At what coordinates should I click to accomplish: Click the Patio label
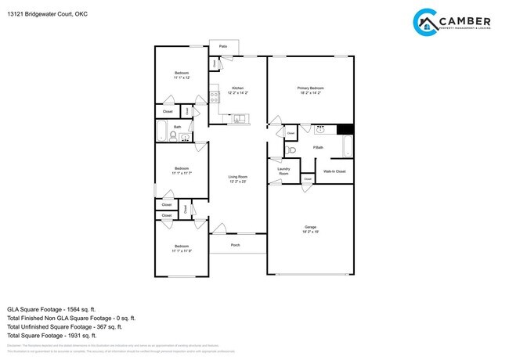pyautogui.click(x=223, y=47)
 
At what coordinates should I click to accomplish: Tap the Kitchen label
pyautogui.click(x=237, y=88)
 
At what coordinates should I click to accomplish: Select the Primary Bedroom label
pyautogui.click(x=310, y=88)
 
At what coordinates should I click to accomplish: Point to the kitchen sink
pyautogui.click(x=240, y=119)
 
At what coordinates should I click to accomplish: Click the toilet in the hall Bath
pyautogui.click(x=173, y=136)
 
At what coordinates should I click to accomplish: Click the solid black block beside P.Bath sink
pyautogui.click(x=345, y=129)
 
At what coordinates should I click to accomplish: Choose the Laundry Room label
pyautogui.click(x=284, y=171)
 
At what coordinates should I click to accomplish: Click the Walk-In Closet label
pyautogui.click(x=334, y=171)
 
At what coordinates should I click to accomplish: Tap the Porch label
pyautogui.click(x=235, y=245)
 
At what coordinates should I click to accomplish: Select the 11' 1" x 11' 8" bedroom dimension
pyautogui.click(x=182, y=250)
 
